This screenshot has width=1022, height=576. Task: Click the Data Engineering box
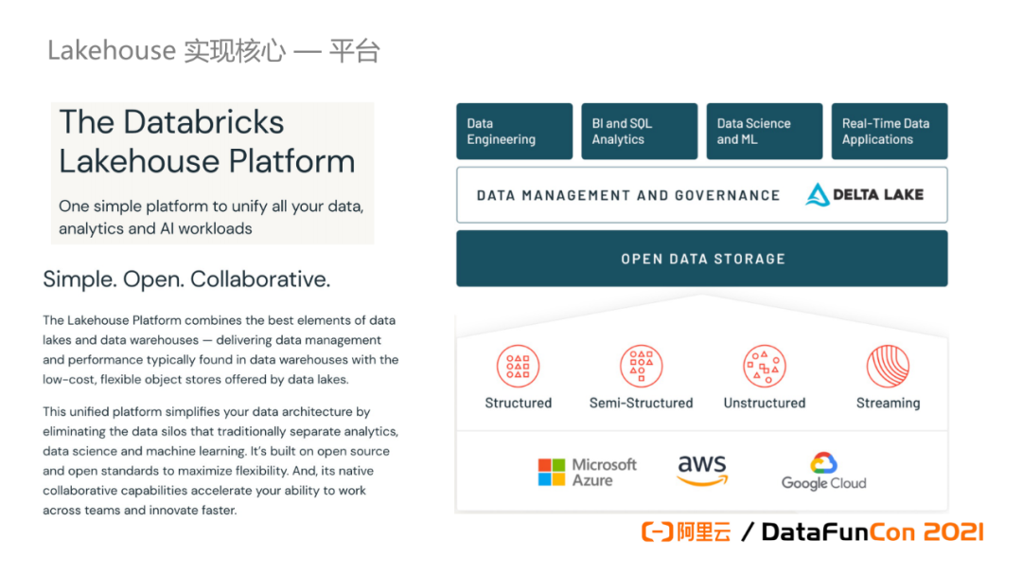(514, 131)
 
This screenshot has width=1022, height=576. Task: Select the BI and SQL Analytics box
(639, 131)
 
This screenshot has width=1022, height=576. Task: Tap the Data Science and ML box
(764, 131)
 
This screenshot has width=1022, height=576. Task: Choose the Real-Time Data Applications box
(890, 131)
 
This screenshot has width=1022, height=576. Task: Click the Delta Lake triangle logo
(817, 195)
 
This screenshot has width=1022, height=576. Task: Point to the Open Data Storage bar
(702, 258)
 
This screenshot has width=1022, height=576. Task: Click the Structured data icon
(518, 367)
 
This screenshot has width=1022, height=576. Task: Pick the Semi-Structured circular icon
(641, 367)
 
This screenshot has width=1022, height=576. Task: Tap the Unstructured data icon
(764, 367)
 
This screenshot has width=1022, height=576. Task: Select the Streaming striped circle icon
(888, 367)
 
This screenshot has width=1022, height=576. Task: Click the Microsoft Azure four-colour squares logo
(551, 472)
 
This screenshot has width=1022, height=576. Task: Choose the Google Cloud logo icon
(823, 463)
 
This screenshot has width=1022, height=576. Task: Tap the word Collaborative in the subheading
(260, 279)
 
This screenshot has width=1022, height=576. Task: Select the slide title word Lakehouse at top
(112, 50)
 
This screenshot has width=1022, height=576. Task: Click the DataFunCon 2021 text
(872, 532)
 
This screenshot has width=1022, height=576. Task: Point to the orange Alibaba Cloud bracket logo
(657, 532)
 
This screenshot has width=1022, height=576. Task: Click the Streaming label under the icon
(888, 403)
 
